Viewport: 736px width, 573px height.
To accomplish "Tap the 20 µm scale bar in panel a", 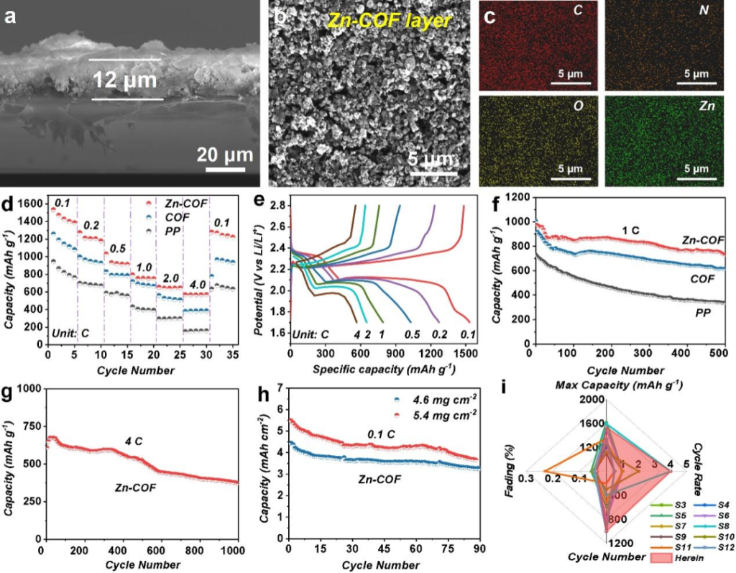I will click(x=226, y=170).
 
